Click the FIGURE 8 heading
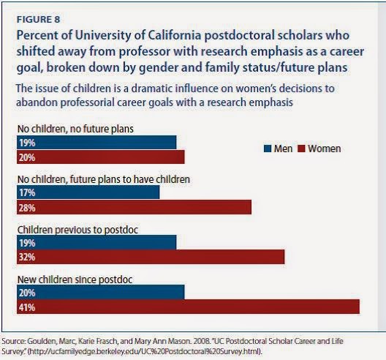(38, 20)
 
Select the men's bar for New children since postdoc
(100, 292)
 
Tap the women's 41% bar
(188, 307)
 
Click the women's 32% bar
(151, 257)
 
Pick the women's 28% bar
(135, 207)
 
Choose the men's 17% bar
(88, 192)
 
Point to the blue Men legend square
(268, 149)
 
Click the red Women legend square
(301, 149)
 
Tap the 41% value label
(27, 307)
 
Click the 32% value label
(27, 258)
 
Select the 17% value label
(27, 192)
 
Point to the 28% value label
(27, 208)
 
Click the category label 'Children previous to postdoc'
(77, 230)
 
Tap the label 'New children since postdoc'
(75, 280)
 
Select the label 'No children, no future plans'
(75, 129)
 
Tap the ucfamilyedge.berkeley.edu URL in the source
(145, 351)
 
